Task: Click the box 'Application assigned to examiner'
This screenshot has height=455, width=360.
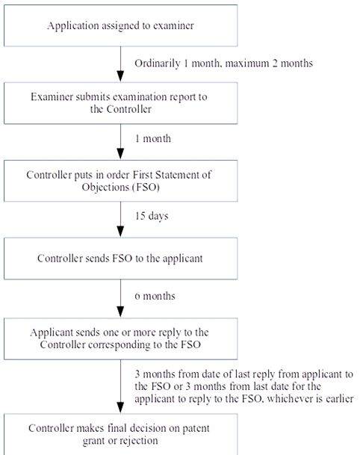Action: click(121, 25)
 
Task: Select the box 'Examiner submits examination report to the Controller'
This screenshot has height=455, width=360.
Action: click(121, 103)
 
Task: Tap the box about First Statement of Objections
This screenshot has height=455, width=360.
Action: click(121, 181)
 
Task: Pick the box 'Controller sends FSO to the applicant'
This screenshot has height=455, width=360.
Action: click(121, 259)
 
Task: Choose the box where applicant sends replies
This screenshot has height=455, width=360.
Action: click(121, 338)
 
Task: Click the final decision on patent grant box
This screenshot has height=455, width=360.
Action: click(121, 434)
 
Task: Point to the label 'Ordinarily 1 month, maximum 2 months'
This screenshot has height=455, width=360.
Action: click(223, 64)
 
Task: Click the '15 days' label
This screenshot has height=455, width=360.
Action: click(152, 216)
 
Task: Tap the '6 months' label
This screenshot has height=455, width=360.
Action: click(155, 296)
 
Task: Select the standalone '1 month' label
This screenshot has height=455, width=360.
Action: click(153, 138)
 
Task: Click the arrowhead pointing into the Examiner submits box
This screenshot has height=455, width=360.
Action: click(120, 77)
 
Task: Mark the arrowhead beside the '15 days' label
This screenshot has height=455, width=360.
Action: click(120, 232)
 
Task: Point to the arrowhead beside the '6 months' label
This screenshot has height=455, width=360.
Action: click(120, 312)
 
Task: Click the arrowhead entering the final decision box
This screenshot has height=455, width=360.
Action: click(120, 408)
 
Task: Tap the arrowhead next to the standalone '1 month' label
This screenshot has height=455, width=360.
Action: click(120, 155)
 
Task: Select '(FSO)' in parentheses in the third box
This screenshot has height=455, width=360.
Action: click(146, 188)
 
